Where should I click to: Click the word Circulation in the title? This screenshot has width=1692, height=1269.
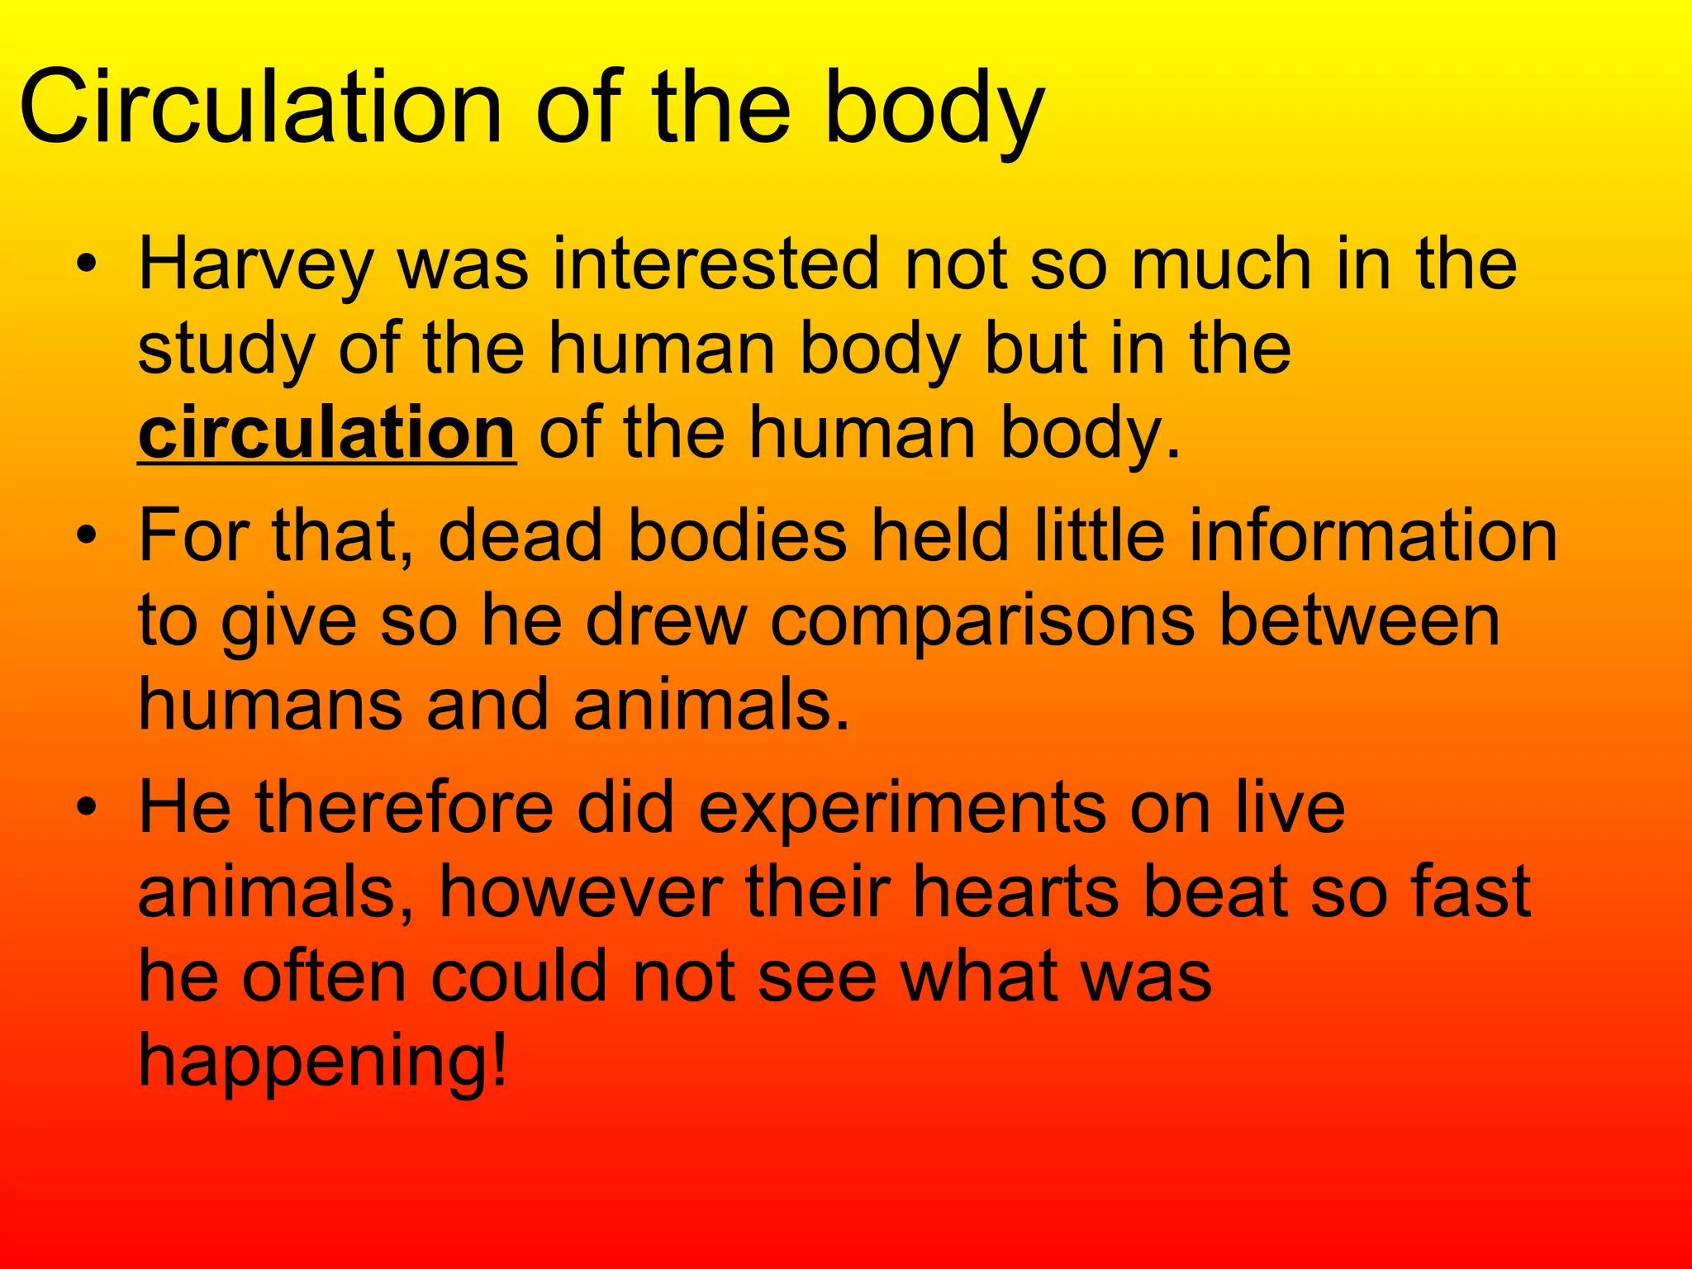click(260, 107)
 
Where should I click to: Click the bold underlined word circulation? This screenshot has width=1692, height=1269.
click(327, 433)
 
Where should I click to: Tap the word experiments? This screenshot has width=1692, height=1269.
click(901, 810)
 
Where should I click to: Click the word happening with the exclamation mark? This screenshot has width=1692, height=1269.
click(322, 1063)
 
